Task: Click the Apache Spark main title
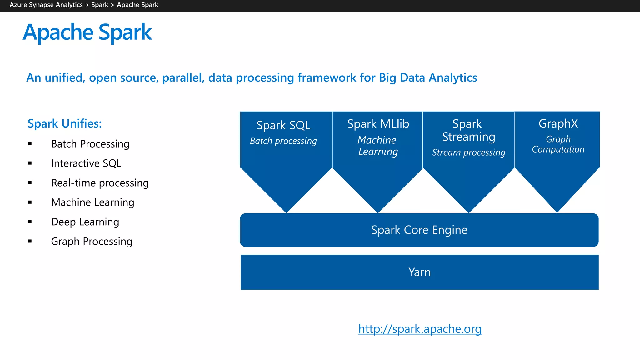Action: tap(87, 32)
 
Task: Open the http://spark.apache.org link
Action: tap(420, 329)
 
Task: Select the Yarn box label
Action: tap(419, 272)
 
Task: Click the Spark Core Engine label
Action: tap(419, 230)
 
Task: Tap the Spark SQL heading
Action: tap(283, 125)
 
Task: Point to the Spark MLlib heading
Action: tap(378, 124)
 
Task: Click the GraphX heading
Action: tap(558, 123)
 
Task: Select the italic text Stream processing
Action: tap(468, 152)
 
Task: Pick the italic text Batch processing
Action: tap(283, 141)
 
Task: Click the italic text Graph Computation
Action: tap(558, 144)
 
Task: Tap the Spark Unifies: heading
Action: tap(65, 124)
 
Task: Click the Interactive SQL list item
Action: tap(86, 163)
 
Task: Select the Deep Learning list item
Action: tap(85, 222)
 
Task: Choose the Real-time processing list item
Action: tap(100, 183)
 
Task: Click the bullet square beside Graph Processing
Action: tap(30, 241)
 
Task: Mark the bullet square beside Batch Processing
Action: tap(30, 144)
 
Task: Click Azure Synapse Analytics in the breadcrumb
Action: tap(46, 5)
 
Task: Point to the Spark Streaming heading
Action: tap(468, 130)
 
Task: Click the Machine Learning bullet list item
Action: tap(92, 202)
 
